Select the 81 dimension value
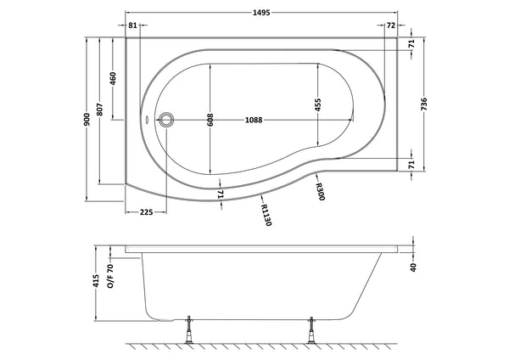point(133,25)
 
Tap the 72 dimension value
point(391,25)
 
